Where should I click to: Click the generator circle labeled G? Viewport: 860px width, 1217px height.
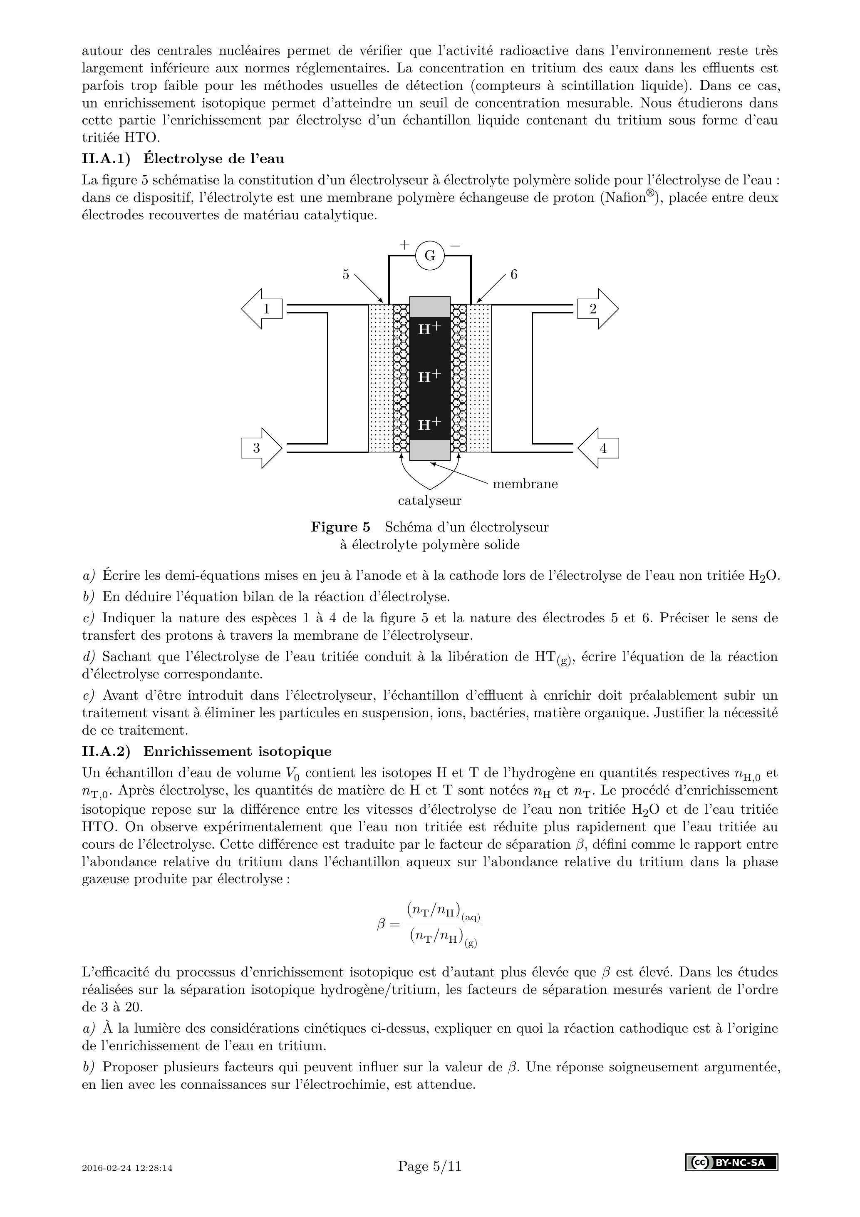(430, 256)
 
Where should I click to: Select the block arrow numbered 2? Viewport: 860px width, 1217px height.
(597, 309)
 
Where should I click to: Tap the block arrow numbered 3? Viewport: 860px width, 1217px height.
(261, 448)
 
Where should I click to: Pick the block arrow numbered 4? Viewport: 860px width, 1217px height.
(599, 448)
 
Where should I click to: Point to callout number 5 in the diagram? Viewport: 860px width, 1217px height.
(345, 275)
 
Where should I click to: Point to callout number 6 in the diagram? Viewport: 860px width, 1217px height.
(513, 275)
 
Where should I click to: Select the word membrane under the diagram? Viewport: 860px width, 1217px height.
(525, 484)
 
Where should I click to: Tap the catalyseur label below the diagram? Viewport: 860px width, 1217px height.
(429, 500)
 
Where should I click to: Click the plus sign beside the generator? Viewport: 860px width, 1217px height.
(404, 245)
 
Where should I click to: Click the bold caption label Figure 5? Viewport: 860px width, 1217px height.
(340, 527)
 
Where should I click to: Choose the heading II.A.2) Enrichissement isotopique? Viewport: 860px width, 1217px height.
(207, 751)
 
